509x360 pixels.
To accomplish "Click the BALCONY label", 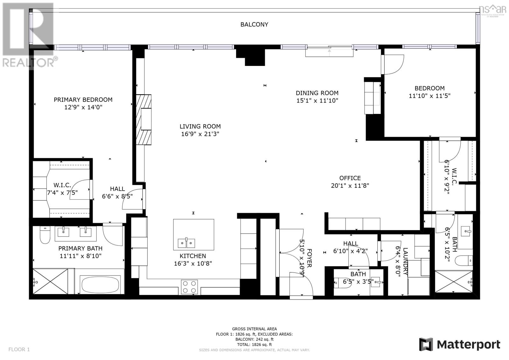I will [x=254, y=25].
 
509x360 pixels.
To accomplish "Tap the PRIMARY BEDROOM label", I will [x=83, y=100].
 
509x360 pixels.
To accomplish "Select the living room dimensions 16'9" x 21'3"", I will [x=200, y=134].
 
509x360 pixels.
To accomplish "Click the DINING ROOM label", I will [x=317, y=93].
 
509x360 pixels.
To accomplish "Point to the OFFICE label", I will [x=350, y=178].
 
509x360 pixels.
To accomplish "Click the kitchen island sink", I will [x=186, y=243].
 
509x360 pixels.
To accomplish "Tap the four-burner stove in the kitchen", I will [x=189, y=286].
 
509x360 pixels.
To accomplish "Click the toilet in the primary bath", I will [x=45, y=235].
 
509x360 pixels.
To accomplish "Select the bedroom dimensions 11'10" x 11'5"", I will [x=429, y=95].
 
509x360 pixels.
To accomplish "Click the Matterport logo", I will [x=459, y=344].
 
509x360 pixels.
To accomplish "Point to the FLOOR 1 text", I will [x=19, y=349].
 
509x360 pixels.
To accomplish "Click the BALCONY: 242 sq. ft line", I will [x=254, y=339].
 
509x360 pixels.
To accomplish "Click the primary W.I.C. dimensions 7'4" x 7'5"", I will [x=62, y=193].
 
